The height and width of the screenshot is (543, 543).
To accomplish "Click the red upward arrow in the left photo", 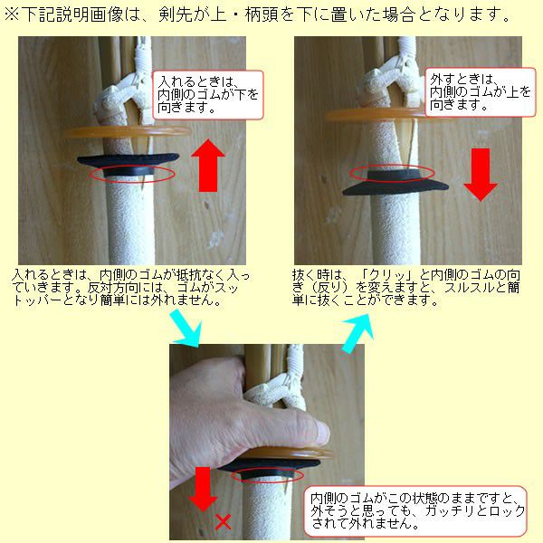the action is point(208,166).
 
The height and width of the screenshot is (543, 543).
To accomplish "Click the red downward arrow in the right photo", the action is point(481,174).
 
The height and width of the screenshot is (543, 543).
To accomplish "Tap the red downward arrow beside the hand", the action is point(203,489).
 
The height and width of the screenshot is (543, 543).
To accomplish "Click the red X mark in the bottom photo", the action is point(223,522).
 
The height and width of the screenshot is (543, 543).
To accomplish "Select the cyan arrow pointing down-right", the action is point(186,328).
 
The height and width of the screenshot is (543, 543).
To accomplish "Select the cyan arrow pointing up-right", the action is point(358,333).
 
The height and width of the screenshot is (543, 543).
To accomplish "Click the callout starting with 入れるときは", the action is point(208,95).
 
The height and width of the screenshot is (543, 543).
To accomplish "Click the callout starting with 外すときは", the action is point(480,92).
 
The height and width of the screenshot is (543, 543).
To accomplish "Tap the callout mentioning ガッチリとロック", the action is point(415,510).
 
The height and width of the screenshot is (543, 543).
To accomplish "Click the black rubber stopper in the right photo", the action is point(395,183).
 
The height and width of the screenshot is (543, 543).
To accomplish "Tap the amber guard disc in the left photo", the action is point(128,131).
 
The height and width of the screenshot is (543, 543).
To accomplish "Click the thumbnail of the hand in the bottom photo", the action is point(322,433).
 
